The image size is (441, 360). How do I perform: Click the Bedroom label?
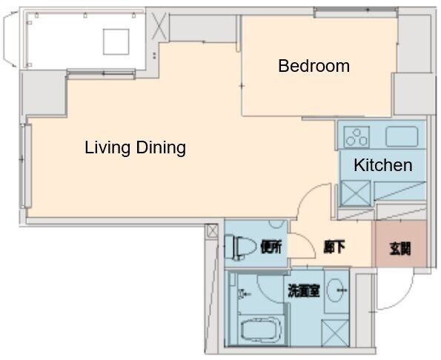click(x=314, y=66)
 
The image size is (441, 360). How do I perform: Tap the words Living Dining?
click(x=136, y=147)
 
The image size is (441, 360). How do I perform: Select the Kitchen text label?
click(x=383, y=165)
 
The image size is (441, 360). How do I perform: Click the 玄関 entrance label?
click(x=400, y=248)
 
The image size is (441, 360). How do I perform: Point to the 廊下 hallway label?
click(x=334, y=247)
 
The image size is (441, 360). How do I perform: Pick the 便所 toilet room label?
click(x=271, y=247)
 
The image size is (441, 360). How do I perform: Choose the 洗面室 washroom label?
click(x=304, y=290)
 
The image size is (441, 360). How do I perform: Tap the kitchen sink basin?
click(x=402, y=136)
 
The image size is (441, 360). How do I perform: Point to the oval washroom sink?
click(x=335, y=290)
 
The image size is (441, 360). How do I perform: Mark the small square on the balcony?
click(x=116, y=41)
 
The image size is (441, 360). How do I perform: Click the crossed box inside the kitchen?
click(x=356, y=193)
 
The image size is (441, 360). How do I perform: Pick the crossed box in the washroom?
click(x=335, y=333)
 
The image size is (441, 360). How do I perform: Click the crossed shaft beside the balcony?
click(x=159, y=26)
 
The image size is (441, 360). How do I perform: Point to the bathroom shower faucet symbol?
click(x=242, y=294)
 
